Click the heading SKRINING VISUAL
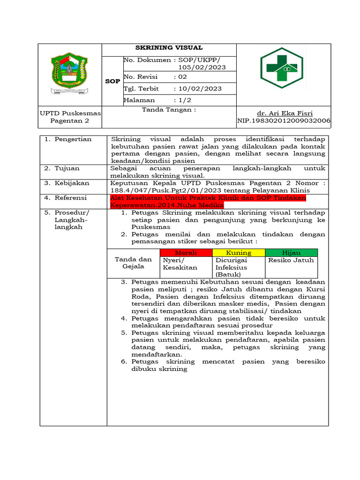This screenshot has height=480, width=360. [169, 48]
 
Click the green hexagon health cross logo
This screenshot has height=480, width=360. [282, 71]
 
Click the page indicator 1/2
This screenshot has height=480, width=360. [182, 100]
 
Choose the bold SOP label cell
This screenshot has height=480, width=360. [112, 81]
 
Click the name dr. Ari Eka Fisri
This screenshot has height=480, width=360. [285, 113]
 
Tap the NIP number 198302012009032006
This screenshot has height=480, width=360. [284, 121]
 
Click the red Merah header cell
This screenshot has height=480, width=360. [186, 253]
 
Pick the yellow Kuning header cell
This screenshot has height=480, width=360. [239, 253]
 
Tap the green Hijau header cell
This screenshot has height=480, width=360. [291, 253]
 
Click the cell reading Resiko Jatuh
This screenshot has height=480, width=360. [291, 260]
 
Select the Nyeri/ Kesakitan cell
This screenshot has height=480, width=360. [180, 263]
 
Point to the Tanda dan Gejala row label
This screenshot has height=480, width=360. [133, 263]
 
